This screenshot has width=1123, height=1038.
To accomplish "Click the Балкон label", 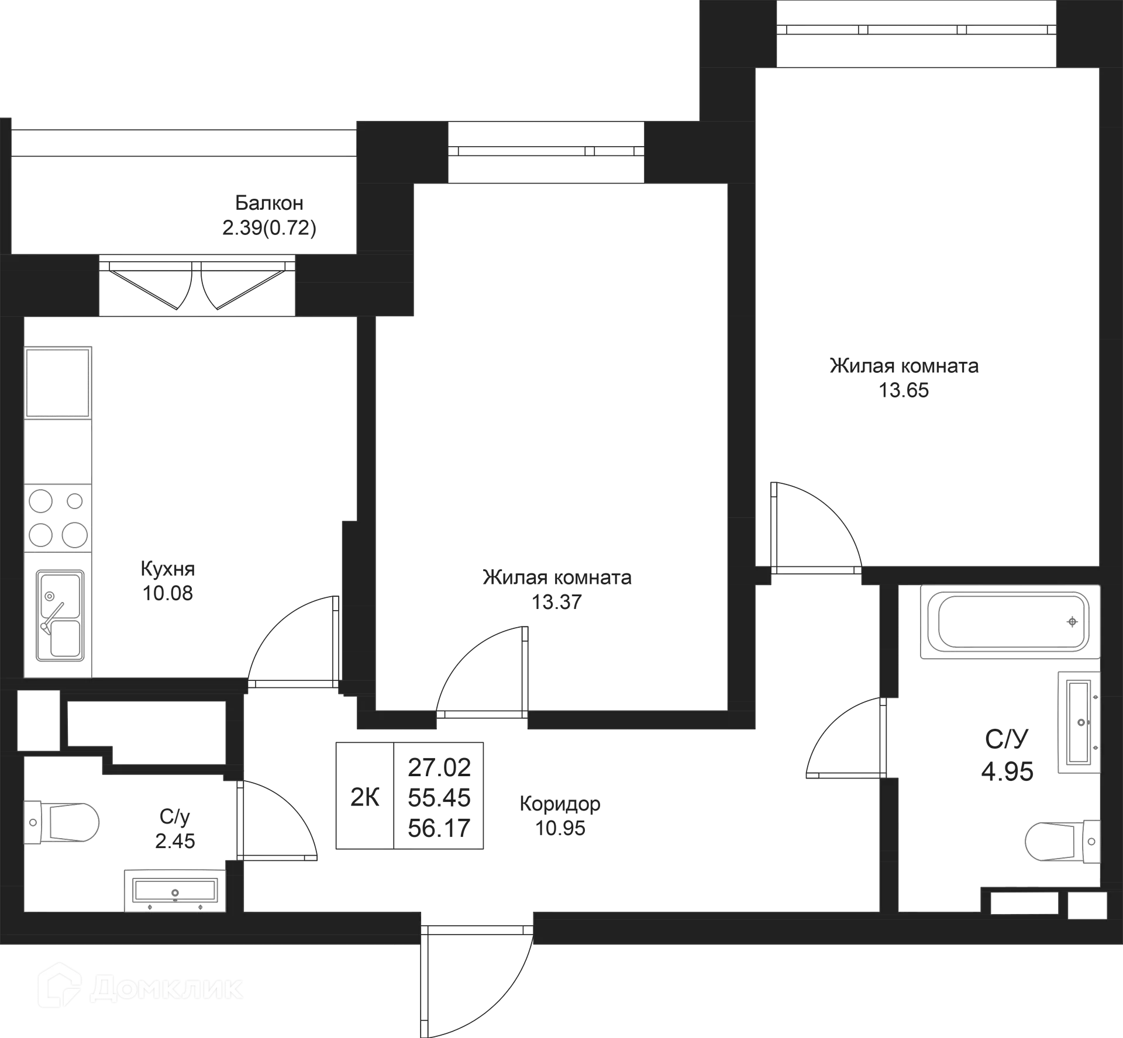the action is pyautogui.click(x=269, y=203).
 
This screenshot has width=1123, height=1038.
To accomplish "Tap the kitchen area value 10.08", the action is pyautogui.click(x=167, y=593).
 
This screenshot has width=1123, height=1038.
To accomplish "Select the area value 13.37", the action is pyautogui.click(x=556, y=601).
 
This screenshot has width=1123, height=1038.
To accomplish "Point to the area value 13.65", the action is pyautogui.click(x=904, y=390).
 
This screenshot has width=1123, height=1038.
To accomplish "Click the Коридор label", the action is pyautogui.click(x=560, y=804).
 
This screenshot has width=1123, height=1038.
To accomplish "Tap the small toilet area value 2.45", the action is pyautogui.click(x=175, y=841).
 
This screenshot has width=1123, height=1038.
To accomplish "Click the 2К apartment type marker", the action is pyautogui.click(x=365, y=797).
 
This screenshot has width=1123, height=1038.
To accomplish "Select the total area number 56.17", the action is pyautogui.click(x=439, y=828).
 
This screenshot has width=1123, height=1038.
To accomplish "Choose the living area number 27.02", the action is pyautogui.click(x=439, y=767).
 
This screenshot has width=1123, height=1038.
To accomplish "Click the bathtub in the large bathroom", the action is pyautogui.click(x=1010, y=622).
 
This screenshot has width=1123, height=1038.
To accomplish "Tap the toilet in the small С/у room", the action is pyautogui.click(x=61, y=822).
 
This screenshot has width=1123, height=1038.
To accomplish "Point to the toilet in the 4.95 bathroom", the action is pyautogui.click(x=1063, y=842).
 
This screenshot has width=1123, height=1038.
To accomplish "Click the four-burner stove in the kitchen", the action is pyautogui.click(x=58, y=518).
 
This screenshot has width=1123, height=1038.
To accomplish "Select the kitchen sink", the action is pyautogui.click(x=60, y=615).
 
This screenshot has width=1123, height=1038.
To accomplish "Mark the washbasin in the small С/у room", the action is pyautogui.click(x=175, y=891).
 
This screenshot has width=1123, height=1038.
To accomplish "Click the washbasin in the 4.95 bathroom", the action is pyautogui.click(x=1079, y=722).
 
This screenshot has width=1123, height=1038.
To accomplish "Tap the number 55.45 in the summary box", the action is pyautogui.click(x=439, y=798).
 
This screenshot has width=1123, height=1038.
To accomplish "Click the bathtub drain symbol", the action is pyautogui.click(x=1072, y=622).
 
